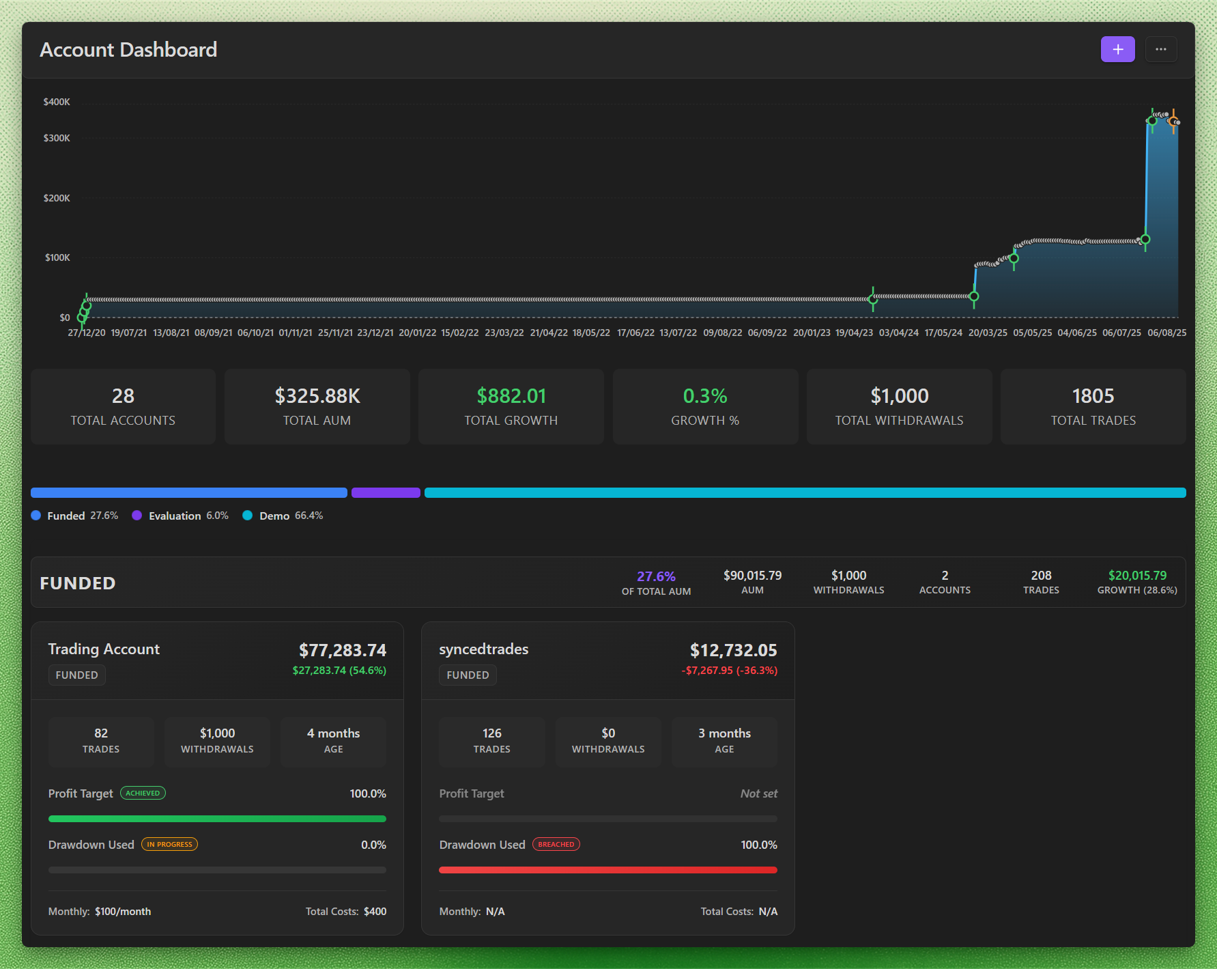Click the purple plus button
[1117, 49]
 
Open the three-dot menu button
[1160, 49]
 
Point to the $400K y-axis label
[57, 102]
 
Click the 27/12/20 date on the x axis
[87, 333]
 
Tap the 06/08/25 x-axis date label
[1166, 333]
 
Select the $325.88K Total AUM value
[317, 396]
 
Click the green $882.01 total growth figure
[511, 396]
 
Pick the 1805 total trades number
[1093, 396]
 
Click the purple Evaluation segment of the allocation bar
[386, 493]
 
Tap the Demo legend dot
[247, 516]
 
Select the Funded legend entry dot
[35, 516]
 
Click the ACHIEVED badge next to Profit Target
[143, 793]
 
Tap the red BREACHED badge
[556, 844]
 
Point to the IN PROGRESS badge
[169, 844]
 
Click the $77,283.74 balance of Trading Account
[343, 650]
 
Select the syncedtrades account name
[483, 649]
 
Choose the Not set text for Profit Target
[759, 794]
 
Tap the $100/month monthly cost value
[123, 912]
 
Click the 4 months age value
[333, 733]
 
